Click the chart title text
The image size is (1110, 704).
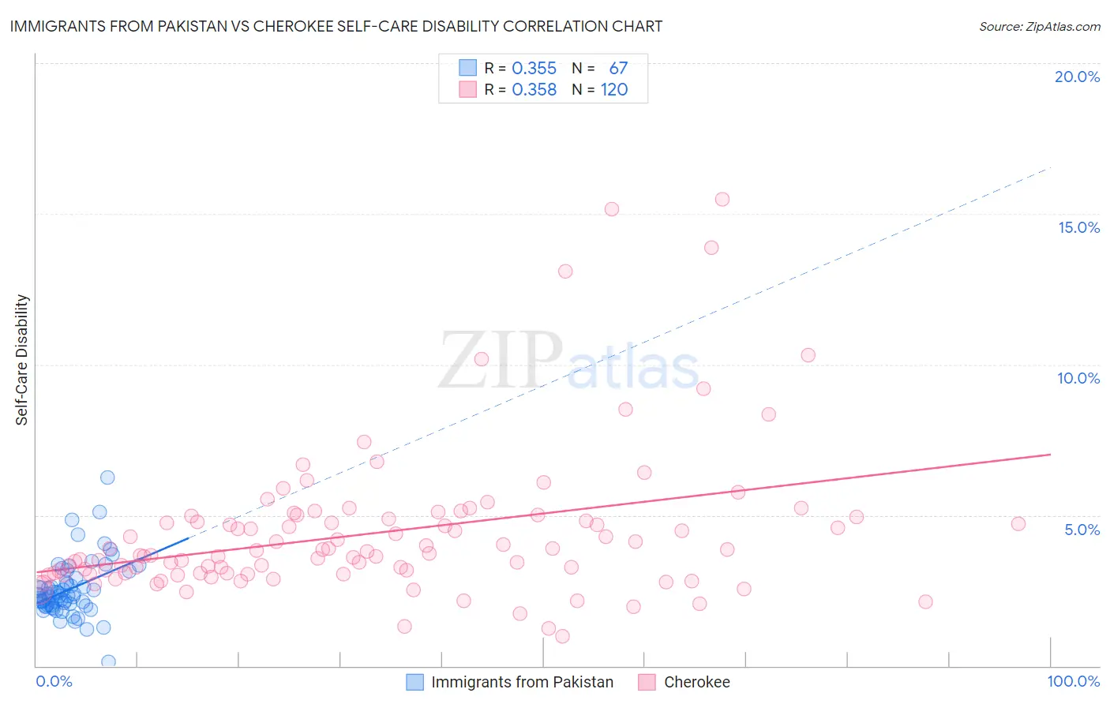[336, 26]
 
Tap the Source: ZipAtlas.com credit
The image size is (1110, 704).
[1039, 26]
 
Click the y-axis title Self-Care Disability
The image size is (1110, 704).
[22, 360]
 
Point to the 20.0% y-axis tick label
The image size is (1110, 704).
[1077, 77]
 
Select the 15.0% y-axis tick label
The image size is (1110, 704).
[1078, 227]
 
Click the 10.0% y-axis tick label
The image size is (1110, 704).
[1078, 378]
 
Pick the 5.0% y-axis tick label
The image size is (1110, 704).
[1082, 530]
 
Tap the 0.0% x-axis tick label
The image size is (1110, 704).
[54, 681]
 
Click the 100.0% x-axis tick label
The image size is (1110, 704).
[1073, 681]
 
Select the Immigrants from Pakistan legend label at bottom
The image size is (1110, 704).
[522, 682]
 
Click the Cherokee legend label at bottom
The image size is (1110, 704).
[696, 682]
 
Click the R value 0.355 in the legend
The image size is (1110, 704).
[534, 69]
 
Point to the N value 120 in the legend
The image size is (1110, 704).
[614, 90]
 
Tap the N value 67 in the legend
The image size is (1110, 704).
[618, 69]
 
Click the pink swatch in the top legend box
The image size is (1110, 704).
[468, 90]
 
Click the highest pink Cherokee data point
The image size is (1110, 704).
[722, 199]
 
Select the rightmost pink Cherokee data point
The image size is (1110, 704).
[1018, 523]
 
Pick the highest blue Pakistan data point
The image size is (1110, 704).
[107, 477]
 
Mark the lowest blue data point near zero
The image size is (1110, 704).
[108, 661]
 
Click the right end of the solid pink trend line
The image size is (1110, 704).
[1050, 455]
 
